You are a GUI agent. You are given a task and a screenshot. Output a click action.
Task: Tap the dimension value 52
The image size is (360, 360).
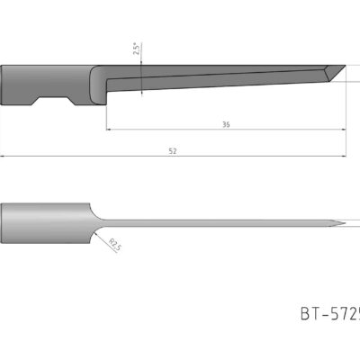point(172,151)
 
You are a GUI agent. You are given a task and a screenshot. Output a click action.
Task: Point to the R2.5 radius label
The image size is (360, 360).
point(114,244)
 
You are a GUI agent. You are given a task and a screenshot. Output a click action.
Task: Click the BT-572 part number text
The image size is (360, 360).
point(329,314)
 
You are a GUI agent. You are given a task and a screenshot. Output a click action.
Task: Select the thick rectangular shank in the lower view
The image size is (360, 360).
point(45,224)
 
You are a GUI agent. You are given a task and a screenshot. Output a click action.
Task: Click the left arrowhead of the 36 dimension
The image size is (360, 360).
point(109,130)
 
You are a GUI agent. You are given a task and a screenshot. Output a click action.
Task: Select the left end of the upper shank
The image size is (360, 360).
point(4,85)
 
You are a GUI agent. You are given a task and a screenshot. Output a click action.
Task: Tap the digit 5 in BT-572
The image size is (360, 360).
point(337,314)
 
